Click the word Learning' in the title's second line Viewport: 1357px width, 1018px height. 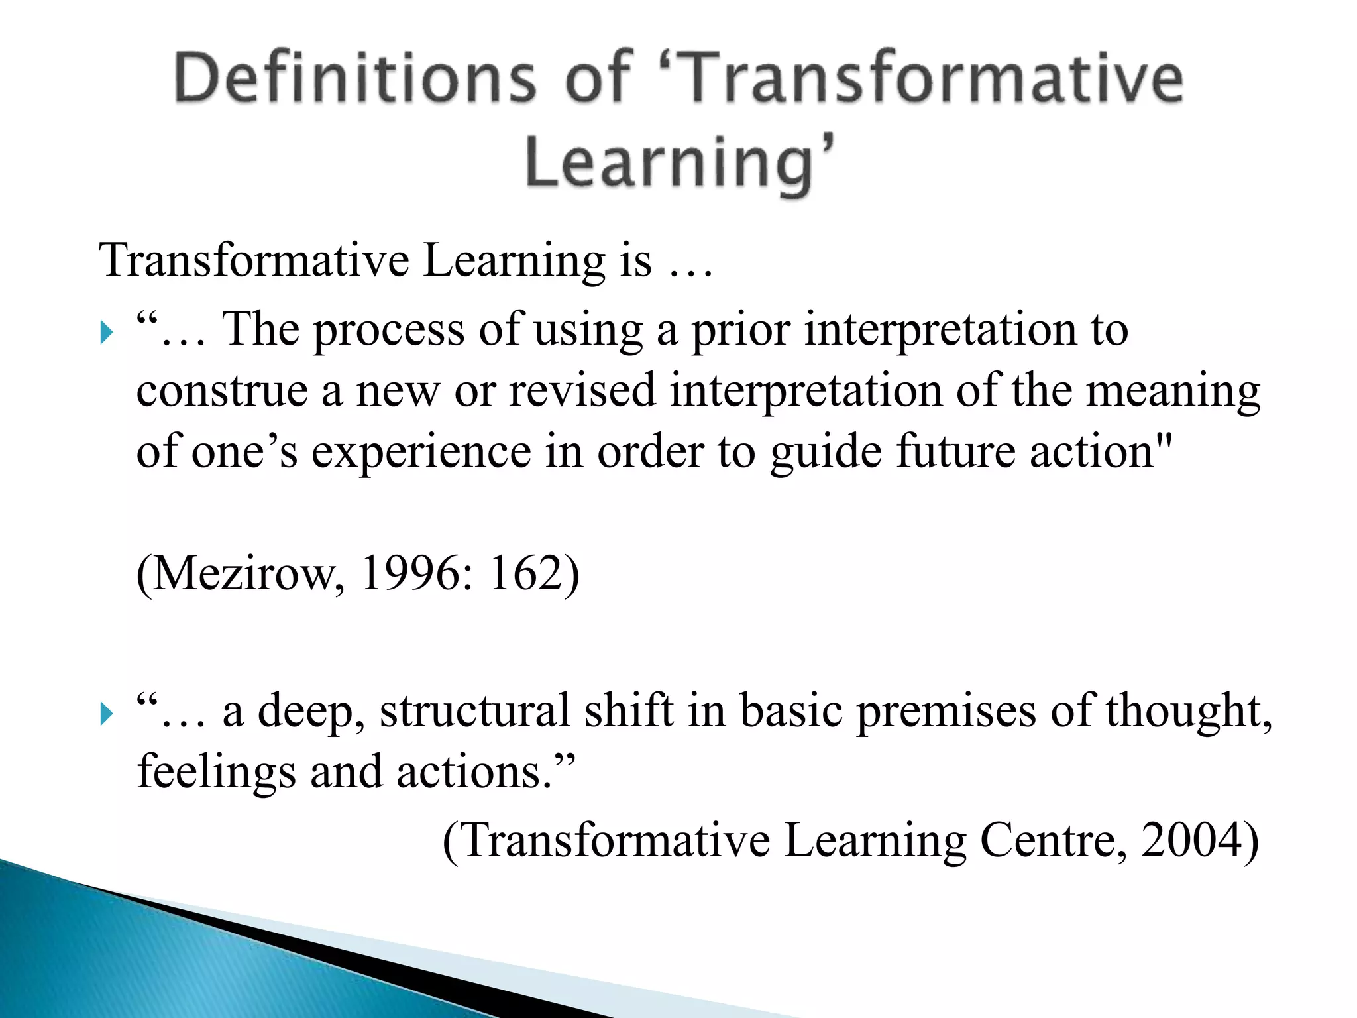[x=679, y=162]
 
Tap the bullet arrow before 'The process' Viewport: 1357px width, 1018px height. [x=107, y=332]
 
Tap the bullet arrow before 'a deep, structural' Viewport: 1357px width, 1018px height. [x=107, y=714]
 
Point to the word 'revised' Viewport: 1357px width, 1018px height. [x=582, y=391]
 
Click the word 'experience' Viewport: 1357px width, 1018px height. [x=421, y=453]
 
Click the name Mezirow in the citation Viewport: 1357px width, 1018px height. [x=242, y=574]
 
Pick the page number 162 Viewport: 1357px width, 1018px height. [x=527, y=574]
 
